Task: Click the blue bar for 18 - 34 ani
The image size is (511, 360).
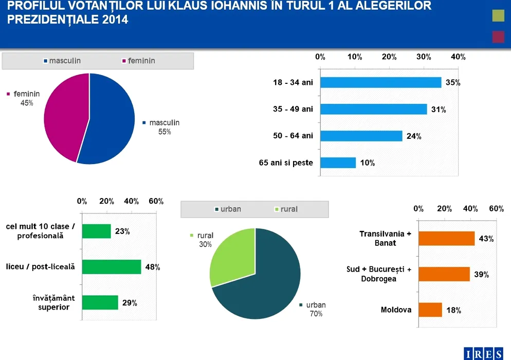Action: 380,82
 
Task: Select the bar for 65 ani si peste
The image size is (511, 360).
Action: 338,163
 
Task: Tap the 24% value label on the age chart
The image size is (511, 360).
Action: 414,136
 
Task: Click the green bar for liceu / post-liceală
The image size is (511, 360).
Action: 111,267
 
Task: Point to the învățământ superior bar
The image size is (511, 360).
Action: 100,302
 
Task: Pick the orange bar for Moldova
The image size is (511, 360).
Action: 430,310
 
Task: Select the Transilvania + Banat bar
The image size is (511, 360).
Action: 446,238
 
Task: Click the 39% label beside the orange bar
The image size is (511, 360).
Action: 481,275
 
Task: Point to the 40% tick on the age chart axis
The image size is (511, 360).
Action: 458,57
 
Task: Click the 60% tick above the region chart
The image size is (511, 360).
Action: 496,208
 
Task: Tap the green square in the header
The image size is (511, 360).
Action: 498,16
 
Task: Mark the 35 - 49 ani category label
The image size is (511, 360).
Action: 293,109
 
